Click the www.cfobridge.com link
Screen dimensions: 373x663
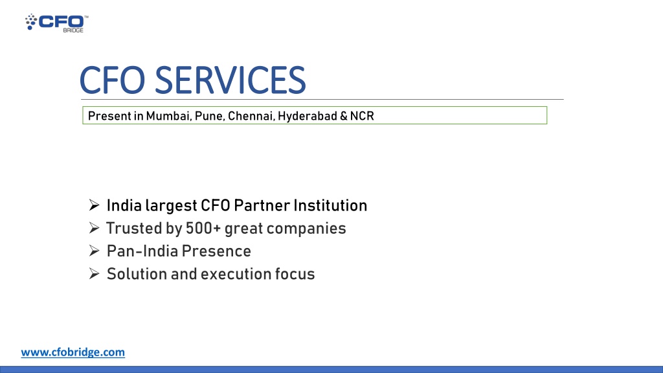73,352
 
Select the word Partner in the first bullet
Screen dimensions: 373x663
262,206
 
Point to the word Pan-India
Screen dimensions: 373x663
142,251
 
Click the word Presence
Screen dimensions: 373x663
216,251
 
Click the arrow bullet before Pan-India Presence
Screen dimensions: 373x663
93,251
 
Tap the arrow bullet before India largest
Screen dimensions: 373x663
93,206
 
